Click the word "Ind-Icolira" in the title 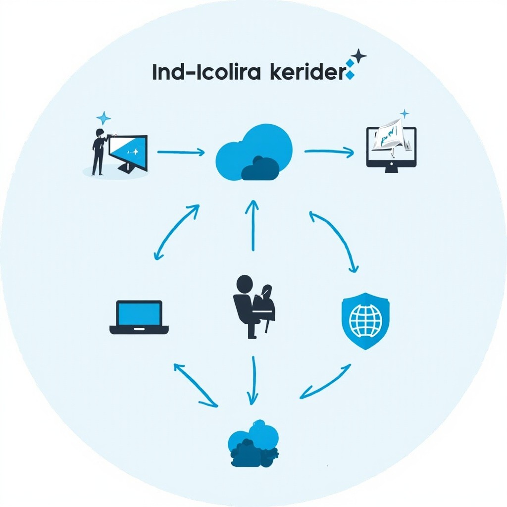pyautogui.click(x=206, y=73)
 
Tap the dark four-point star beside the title pyautogui.click(x=358, y=56)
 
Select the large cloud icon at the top pyautogui.click(x=254, y=152)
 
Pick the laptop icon pyautogui.click(x=139, y=317)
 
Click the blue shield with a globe pyautogui.click(x=365, y=320)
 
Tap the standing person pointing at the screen pyautogui.click(x=99, y=152)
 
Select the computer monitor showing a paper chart pyautogui.click(x=391, y=147)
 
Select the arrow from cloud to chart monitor pyautogui.click(x=329, y=152)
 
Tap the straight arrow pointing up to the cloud pyautogui.click(x=253, y=225)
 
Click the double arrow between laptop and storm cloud pyautogui.click(x=195, y=385)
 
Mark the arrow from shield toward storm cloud pyautogui.click(x=326, y=382)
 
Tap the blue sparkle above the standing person pyautogui.click(x=103, y=118)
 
